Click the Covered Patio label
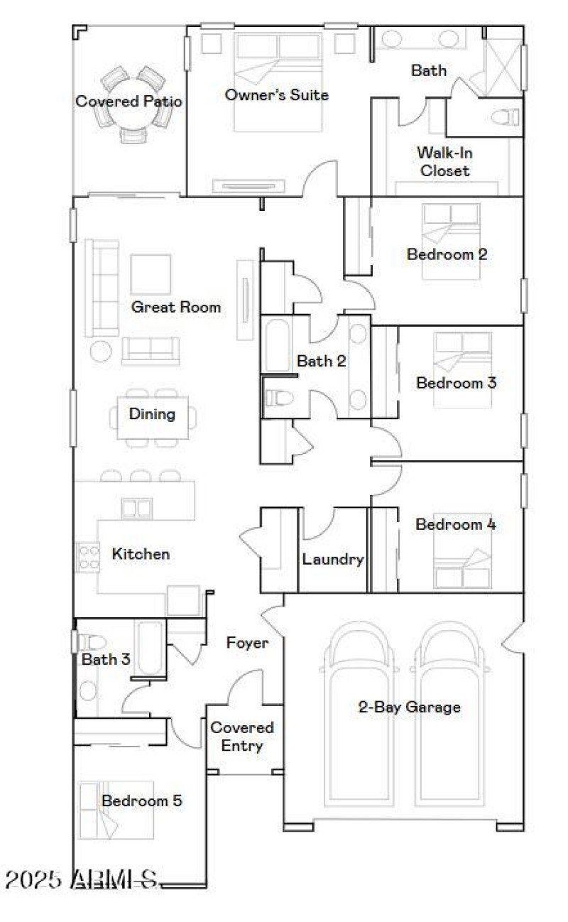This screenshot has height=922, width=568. [x=129, y=102]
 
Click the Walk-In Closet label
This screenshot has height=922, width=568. [x=444, y=161]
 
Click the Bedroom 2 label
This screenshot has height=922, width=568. [x=447, y=254]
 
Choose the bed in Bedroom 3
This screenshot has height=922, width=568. [x=461, y=369]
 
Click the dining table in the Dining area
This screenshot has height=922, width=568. [x=153, y=418]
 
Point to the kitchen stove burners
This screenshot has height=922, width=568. [x=87, y=557]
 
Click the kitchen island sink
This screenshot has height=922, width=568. [x=136, y=507]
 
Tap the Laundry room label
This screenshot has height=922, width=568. [x=333, y=559]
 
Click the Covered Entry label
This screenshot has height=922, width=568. [x=242, y=737]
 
